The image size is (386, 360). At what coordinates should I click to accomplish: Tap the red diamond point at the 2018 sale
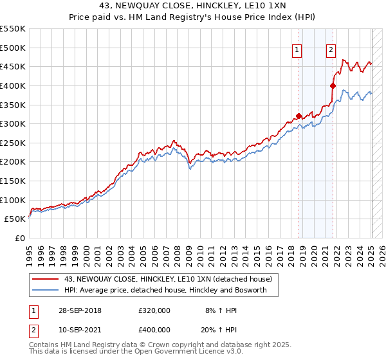coord(299,116)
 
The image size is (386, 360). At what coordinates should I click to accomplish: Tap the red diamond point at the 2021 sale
coord(333,85)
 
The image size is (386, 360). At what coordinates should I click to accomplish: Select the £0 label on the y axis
coord(20,238)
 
